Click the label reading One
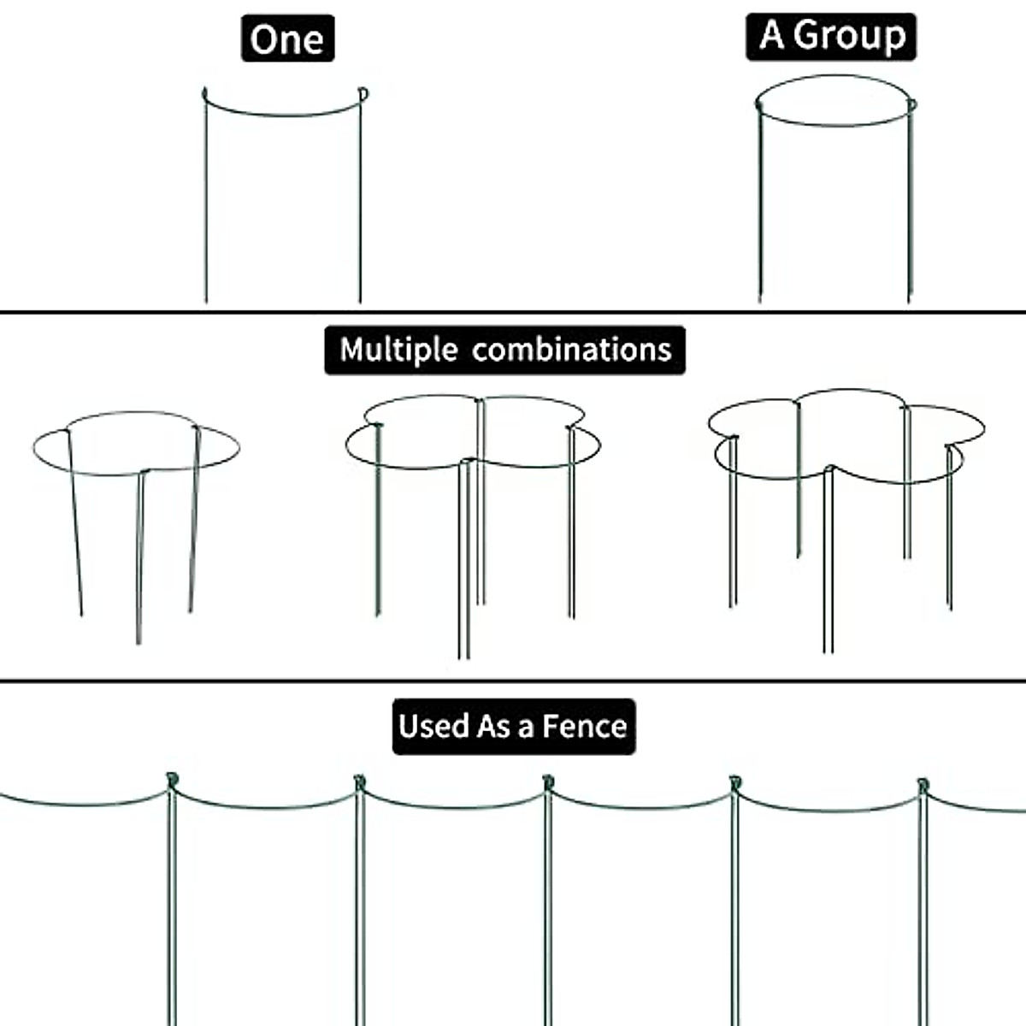point(287,39)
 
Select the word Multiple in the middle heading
point(398,350)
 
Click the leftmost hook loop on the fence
point(171,780)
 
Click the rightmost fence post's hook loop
point(922,783)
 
